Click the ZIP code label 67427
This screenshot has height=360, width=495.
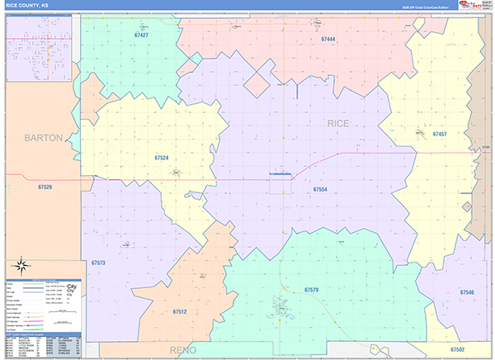point(141,36)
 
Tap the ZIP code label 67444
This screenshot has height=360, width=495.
point(328,39)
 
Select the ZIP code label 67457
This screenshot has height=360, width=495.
point(439,134)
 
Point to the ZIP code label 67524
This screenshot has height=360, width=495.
point(162,157)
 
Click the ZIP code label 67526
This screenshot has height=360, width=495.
point(45,187)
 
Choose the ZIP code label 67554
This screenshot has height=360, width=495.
point(320,189)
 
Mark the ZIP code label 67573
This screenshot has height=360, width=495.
point(98,263)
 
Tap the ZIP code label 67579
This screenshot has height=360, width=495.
point(311,290)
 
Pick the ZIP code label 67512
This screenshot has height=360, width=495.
point(181,311)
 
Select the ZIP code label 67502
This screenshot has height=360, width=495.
point(458,350)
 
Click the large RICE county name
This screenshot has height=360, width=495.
point(338,123)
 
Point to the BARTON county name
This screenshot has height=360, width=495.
point(43,138)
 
